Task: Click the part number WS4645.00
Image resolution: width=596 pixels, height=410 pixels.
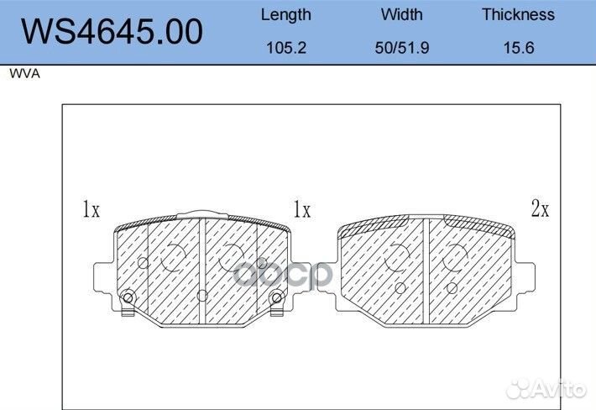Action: (x=112, y=32)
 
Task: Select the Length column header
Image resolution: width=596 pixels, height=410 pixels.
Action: (x=286, y=15)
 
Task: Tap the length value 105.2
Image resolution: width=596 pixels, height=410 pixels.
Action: (x=286, y=48)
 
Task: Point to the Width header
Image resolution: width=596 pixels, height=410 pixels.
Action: (x=402, y=14)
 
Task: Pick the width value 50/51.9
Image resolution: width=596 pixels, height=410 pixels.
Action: (x=402, y=48)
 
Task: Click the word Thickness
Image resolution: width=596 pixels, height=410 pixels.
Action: (x=519, y=14)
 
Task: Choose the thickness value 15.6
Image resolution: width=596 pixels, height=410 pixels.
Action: (x=519, y=48)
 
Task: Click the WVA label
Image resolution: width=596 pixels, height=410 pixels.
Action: (x=24, y=73)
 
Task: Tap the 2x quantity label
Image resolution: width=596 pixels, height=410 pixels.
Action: (x=540, y=208)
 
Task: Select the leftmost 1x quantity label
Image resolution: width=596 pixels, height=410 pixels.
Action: (x=91, y=209)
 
